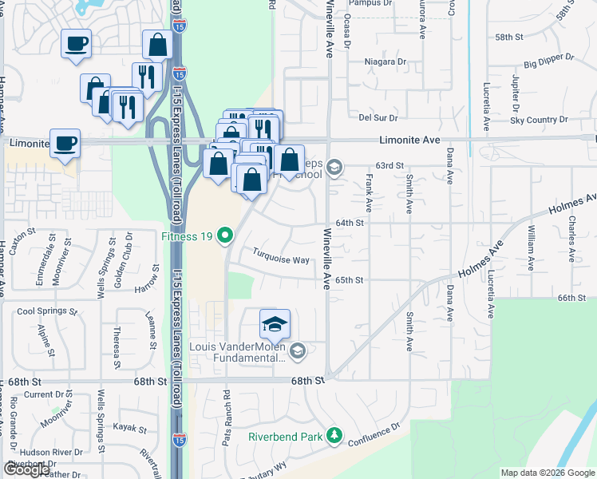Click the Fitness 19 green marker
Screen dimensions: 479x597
pos(226,236)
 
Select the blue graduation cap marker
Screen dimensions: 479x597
pos(275,324)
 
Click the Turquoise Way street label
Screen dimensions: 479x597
pos(281,260)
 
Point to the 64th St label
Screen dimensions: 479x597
pos(350,223)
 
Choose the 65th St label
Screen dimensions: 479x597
pos(350,280)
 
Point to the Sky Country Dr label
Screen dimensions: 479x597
pos(539,120)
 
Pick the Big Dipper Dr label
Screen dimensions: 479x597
pos(544,63)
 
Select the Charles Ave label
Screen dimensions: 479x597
pos(571,239)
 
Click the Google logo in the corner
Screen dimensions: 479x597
pos(27,469)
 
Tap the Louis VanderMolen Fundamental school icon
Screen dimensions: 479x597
pos(298,350)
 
